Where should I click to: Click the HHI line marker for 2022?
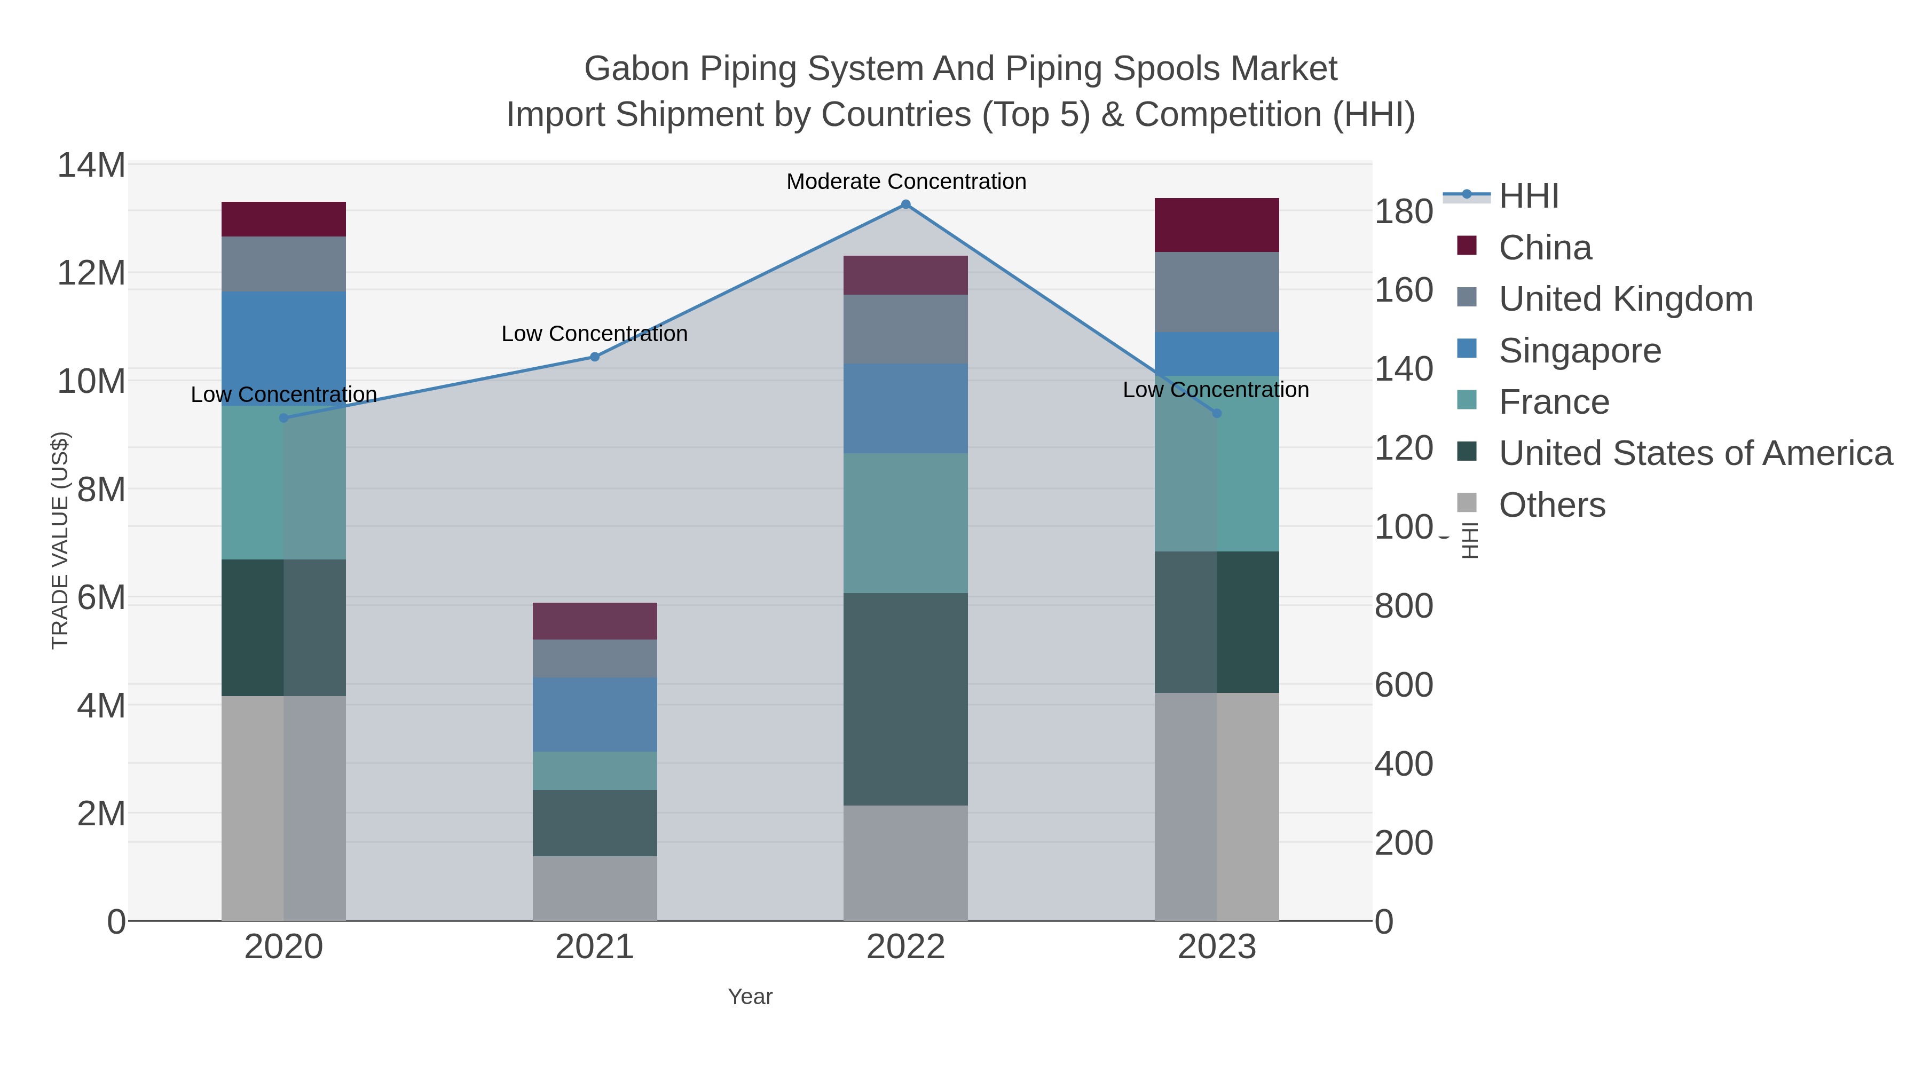(x=906, y=204)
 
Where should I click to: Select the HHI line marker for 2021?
(x=595, y=357)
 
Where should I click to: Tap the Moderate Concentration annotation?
(x=906, y=182)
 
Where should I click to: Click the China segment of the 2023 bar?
(x=1216, y=225)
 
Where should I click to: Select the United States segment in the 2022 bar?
(x=906, y=699)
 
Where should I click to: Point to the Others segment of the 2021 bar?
(x=595, y=888)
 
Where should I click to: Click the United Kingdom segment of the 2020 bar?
(x=283, y=264)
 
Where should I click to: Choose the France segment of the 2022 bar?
(x=906, y=523)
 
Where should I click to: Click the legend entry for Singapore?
(x=1580, y=351)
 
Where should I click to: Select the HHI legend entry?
(x=1528, y=196)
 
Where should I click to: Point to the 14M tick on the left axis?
(x=91, y=165)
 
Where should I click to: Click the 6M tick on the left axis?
(x=101, y=597)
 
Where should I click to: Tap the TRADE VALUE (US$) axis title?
(x=60, y=540)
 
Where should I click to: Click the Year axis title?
(x=750, y=997)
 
